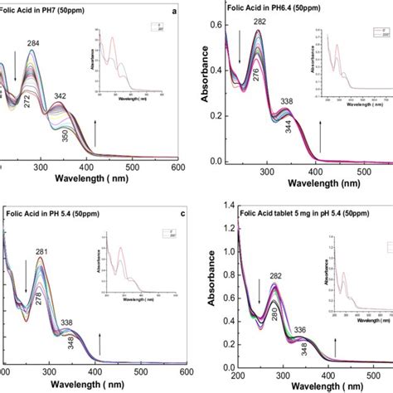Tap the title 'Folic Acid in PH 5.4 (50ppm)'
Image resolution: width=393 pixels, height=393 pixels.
pyautogui.click(x=49, y=211)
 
